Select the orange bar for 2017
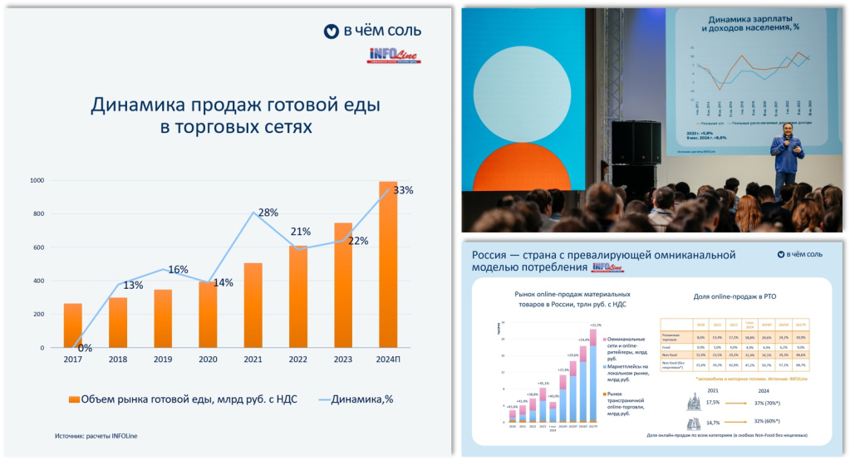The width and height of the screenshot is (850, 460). click(x=73, y=325)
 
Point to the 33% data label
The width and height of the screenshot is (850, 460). click(x=403, y=190)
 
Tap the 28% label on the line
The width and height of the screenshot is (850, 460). click(x=268, y=213)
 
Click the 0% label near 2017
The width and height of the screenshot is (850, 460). click(x=85, y=348)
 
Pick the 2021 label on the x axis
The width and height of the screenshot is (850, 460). click(x=253, y=360)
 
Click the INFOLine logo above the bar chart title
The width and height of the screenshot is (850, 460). click(x=395, y=56)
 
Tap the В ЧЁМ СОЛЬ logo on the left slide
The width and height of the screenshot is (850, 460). click(x=372, y=32)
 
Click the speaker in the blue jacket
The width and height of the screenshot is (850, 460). click(x=785, y=157)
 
